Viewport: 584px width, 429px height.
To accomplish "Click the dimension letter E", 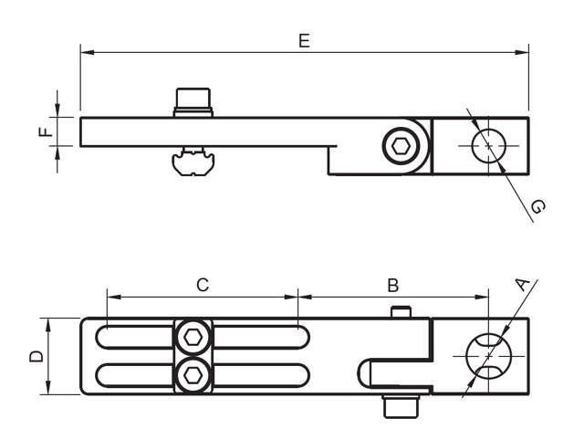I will click(304, 40).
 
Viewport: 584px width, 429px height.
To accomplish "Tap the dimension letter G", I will click(537, 208).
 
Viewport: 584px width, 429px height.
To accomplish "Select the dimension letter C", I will click(203, 285).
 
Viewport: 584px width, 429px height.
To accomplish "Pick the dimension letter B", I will click(392, 285).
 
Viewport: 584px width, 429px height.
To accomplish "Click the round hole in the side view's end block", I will click(488, 145).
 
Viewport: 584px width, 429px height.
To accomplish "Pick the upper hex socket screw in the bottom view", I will click(192, 338).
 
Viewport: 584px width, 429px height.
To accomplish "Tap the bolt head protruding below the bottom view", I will click(399, 403).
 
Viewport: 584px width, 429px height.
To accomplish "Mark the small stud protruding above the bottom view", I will click(400, 312).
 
